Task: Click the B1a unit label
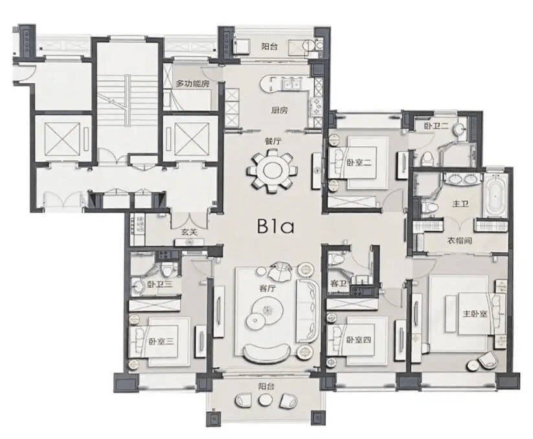(x=275, y=227)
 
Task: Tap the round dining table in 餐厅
(x=271, y=169)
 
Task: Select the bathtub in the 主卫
(x=494, y=196)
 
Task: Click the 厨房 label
(x=279, y=111)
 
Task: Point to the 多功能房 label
(x=192, y=84)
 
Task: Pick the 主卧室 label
(x=475, y=314)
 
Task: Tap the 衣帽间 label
(x=459, y=241)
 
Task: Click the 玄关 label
(x=189, y=232)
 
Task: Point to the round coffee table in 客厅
(x=267, y=311)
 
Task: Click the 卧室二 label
(x=359, y=162)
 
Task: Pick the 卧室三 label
(x=161, y=341)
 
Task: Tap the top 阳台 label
(x=269, y=47)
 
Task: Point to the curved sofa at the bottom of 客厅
(x=266, y=354)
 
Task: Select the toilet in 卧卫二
(x=427, y=158)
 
